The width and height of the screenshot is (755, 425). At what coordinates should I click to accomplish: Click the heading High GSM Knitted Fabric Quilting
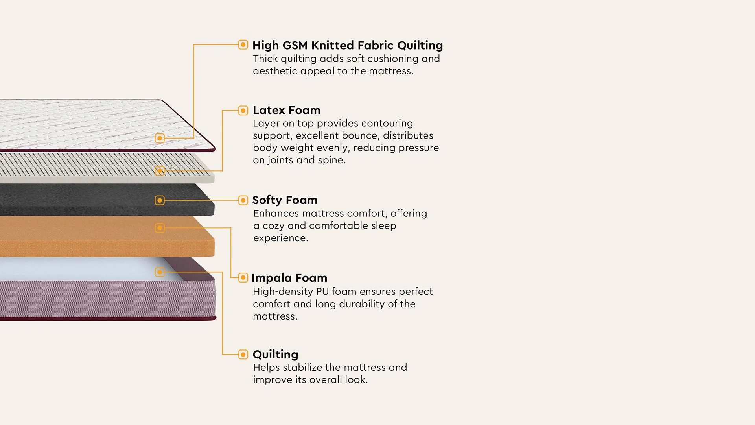347,46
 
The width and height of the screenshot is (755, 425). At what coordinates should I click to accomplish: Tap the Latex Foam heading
286,110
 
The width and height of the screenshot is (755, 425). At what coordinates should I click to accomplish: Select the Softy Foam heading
285,200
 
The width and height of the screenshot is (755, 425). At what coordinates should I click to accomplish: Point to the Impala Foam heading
289,278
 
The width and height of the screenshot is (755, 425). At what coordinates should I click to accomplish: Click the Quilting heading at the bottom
275,354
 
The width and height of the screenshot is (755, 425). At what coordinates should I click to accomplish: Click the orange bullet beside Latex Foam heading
243,111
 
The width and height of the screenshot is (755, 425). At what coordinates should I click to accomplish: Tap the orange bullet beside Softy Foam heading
243,200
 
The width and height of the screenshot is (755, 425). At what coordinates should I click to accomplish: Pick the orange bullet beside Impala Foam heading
243,278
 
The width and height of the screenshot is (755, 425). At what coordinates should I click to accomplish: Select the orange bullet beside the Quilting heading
243,355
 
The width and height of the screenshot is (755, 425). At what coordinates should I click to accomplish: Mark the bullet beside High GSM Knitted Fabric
243,44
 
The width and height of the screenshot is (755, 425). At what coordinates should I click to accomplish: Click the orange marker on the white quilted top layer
160,138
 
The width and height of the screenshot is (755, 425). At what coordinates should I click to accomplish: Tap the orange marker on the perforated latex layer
160,171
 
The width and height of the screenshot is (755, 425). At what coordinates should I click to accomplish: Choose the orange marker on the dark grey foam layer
160,200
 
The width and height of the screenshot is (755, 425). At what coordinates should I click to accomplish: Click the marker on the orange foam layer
160,228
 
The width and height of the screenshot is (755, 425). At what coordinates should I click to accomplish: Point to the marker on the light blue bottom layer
160,272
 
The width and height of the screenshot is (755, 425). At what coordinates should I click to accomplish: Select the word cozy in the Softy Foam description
273,226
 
